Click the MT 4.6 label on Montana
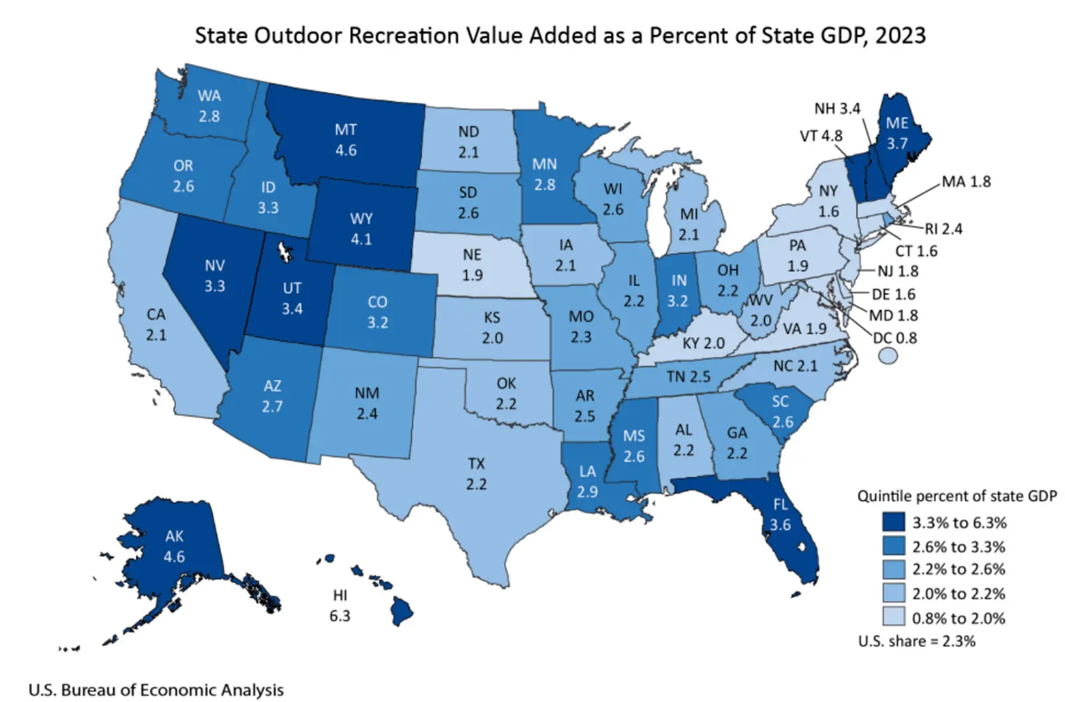click(x=345, y=140)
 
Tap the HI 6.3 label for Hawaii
click(x=339, y=605)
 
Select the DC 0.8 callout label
click(x=895, y=338)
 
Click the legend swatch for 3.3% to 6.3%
click(x=894, y=522)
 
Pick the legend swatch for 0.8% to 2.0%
click(x=894, y=617)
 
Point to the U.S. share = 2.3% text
click(x=917, y=641)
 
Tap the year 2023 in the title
click(x=900, y=35)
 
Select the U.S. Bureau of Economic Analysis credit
click(x=156, y=690)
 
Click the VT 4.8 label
click(x=821, y=136)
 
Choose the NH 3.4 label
click(x=837, y=109)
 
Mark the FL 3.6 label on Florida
click(x=780, y=515)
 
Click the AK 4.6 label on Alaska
click(x=174, y=546)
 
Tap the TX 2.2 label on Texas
click(x=476, y=474)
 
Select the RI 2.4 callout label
click(x=943, y=229)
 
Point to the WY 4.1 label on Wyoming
click(x=361, y=228)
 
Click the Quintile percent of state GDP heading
click(x=957, y=496)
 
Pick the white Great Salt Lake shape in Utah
click(x=285, y=250)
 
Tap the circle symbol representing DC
click(x=888, y=356)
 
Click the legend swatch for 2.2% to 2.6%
click(x=894, y=569)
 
